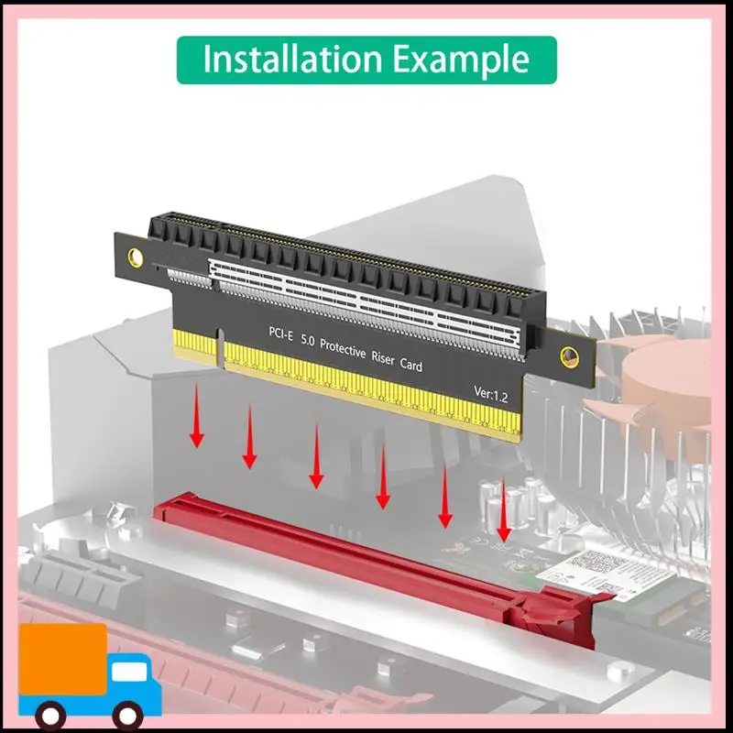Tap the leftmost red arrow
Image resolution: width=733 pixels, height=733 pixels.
196,422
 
